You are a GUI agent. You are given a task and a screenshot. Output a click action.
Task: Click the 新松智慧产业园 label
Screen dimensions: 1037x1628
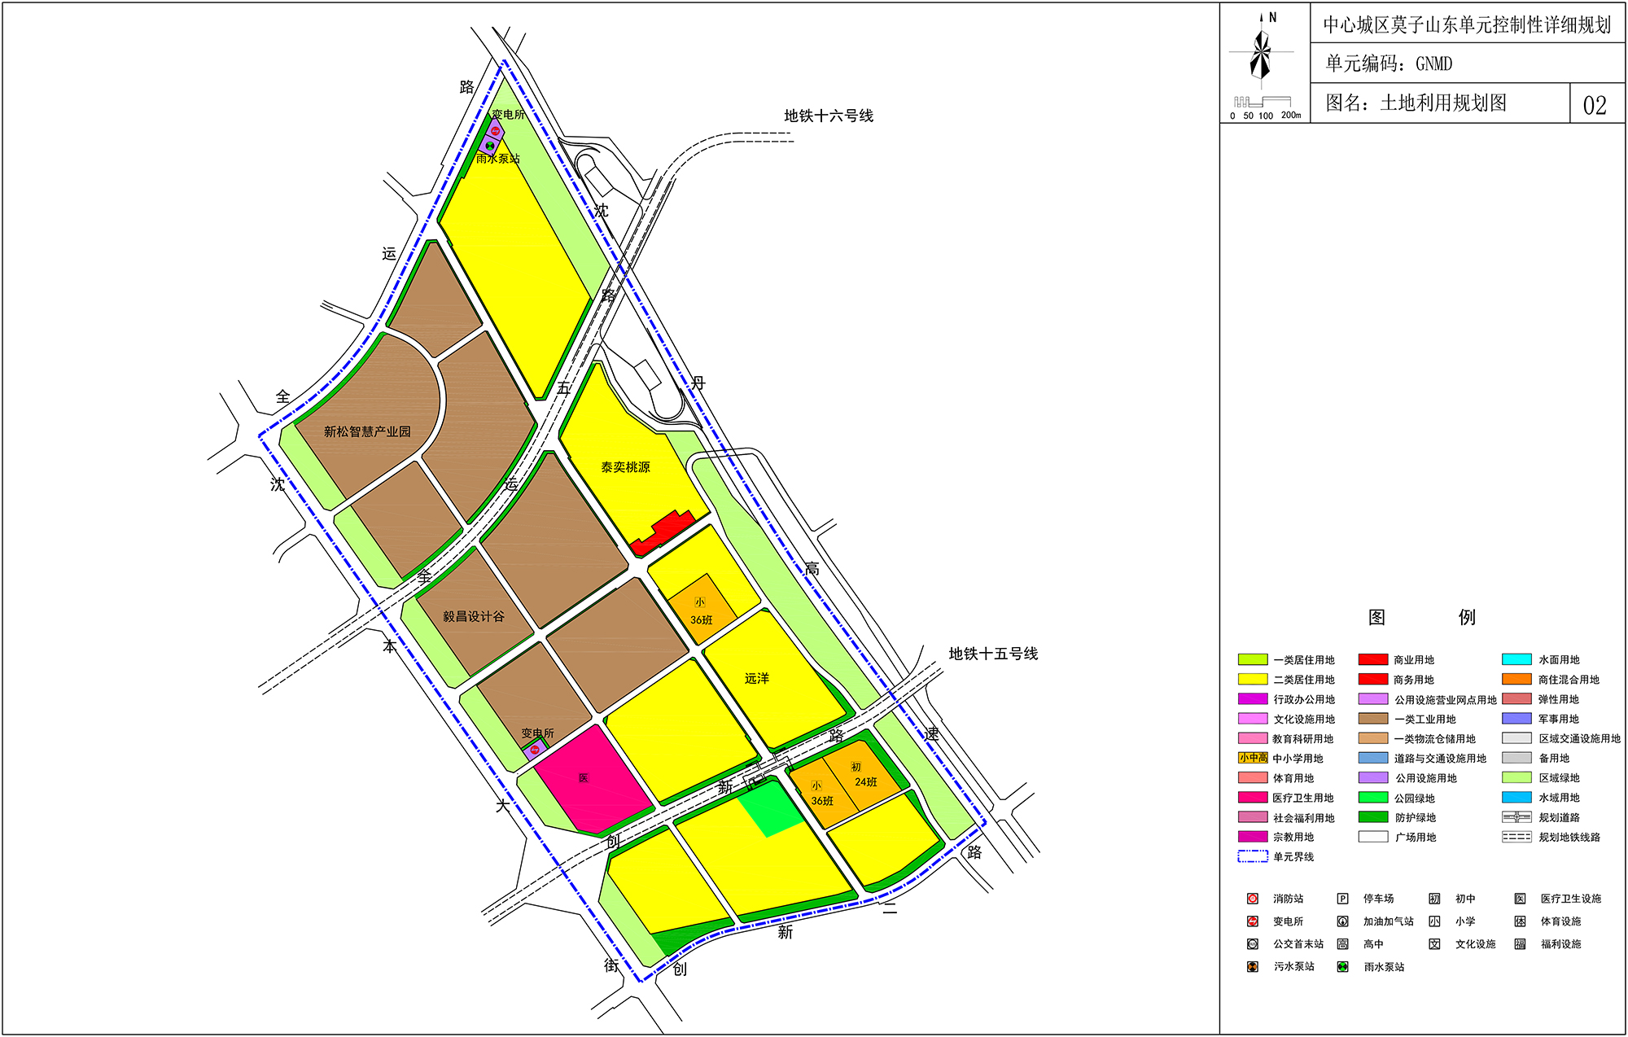click(x=367, y=431)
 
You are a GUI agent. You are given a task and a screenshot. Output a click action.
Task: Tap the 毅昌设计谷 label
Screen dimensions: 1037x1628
click(x=473, y=616)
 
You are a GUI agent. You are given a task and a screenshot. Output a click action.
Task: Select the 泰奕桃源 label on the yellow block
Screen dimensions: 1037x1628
click(x=625, y=467)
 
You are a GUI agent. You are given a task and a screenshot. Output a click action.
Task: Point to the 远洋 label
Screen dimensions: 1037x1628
click(x=756, y=678)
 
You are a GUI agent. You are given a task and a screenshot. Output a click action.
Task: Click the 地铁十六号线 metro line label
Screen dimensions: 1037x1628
click(x=829, y=116)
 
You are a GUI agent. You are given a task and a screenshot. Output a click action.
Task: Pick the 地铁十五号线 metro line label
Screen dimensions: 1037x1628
click(x=993, y=654)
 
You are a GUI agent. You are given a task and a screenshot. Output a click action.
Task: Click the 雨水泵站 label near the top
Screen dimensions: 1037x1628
click(x=498, y=159)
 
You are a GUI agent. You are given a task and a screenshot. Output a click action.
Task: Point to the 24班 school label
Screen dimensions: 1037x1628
click(x=865, y=781)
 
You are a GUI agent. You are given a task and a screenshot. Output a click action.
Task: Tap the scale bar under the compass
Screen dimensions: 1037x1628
click(x=1264, y=103)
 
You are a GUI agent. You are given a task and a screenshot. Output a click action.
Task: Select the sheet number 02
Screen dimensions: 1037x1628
click(x=1595, y=105)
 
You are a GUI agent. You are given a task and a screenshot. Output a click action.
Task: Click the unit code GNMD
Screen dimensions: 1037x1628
click(x=1433, y=63)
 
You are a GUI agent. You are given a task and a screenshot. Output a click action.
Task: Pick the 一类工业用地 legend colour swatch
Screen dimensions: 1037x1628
click(x=1372, y=719)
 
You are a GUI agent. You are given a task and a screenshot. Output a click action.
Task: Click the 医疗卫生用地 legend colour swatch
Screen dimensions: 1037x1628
click(x=1253, y=798)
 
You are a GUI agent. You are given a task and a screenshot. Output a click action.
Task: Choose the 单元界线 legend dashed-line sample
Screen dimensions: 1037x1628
click(x=1253, y=856)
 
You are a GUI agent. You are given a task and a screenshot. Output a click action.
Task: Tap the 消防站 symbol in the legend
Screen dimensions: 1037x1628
click(x=1253, y=899)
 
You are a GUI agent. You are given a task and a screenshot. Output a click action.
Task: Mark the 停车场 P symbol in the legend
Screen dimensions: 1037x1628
click(x=1342, y=899)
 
